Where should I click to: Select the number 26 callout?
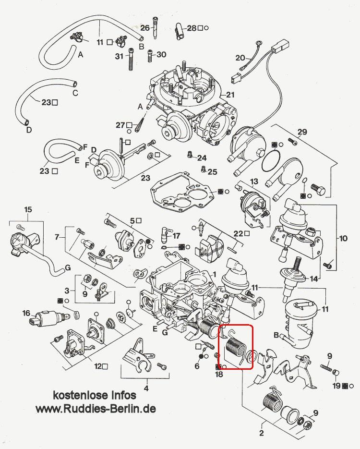coord(144,28)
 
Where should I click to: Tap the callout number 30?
coord(161,55)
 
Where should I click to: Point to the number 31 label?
coord(120,56)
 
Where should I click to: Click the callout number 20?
coord(240,58)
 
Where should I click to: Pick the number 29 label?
coord(301,132)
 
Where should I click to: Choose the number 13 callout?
coord(254,182)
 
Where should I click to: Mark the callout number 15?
coord(28,209)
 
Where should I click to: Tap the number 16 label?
coord(26,313)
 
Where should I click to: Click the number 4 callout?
coord(146,388)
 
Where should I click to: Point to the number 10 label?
coord(343,238)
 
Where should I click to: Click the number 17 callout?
coord(176,236)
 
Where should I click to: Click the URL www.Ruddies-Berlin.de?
coord(96,409)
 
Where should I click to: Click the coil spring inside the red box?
coord(234,348)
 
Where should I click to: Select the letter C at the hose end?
coord(75,92)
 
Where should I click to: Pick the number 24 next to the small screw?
coord(201,158)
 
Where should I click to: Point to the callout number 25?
coord(212,171)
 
